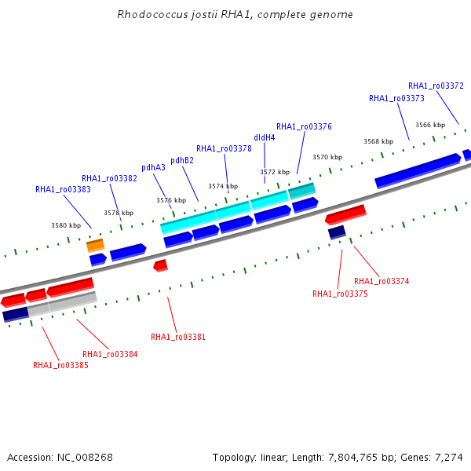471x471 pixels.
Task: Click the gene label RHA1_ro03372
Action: (436, 86)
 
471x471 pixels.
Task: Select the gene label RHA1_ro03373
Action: (396, 99)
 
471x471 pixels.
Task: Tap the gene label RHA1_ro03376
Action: (304, 126)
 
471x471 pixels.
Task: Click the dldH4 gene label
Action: (265, 137)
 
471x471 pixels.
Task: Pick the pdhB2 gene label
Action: (182, 161)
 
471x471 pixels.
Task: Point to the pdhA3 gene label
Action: (154, 168)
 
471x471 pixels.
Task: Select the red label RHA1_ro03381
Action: (178, 337)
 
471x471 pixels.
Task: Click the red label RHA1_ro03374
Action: (382, 281)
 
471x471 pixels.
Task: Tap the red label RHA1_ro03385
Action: (60, 365)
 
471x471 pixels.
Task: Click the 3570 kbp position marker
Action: (327, 157)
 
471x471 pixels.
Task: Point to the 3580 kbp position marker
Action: (66, 225)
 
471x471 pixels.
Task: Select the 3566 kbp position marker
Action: (430, 125)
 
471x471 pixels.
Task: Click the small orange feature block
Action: (96, 246)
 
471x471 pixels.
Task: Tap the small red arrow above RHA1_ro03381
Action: (161, 266)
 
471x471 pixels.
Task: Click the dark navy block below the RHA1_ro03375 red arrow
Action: (337, 233)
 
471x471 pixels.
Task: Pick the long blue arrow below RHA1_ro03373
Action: (418, 170)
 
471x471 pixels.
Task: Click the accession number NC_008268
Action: (85, 458)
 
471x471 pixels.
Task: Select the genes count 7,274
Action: (449, 458)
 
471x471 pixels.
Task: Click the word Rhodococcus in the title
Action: (152, 14)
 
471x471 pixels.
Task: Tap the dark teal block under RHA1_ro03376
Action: (302, 191)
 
